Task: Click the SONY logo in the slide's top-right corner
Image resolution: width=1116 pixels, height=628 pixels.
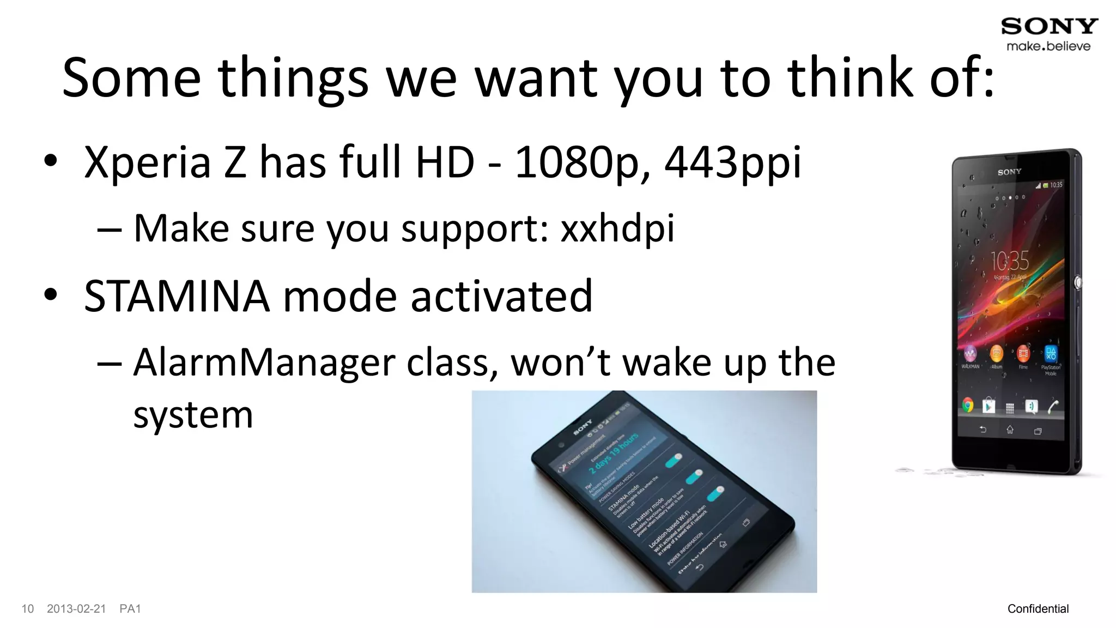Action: [1049, 26]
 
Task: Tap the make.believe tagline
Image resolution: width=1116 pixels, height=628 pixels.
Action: [1048, 46]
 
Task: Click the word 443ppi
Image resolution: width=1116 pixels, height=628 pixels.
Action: [732, 162]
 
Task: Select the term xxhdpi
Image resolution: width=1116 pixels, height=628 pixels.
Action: [617, 228]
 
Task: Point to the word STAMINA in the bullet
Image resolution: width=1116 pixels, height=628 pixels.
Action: [177, 296]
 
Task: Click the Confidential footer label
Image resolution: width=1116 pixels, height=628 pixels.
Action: [1038, 609]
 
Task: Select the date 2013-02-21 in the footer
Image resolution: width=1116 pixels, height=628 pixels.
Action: [76, 609]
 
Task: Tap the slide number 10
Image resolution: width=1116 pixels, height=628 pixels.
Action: [27, 609]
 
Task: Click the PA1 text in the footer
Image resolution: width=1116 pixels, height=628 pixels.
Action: [130, 609]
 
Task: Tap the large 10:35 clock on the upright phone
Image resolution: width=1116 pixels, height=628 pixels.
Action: [1009, 262]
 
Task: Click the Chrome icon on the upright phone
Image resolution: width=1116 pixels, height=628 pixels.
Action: [968, 405]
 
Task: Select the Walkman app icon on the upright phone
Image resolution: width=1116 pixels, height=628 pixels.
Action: [970, 354]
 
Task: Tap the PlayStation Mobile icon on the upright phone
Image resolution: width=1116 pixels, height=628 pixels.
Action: [1051, 354]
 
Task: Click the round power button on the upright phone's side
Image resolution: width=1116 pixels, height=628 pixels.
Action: [1077, 282]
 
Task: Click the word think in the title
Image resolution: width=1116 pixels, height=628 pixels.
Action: [850, 77]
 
